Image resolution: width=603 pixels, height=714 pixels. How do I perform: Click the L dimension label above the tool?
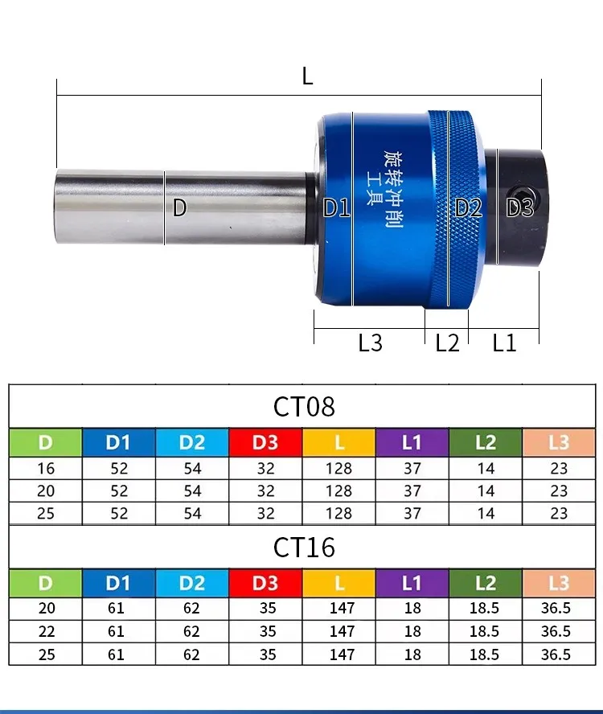307,76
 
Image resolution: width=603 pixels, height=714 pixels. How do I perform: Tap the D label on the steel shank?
179,207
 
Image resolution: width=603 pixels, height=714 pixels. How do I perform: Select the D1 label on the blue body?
336,207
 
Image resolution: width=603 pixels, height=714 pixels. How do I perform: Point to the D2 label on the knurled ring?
468,207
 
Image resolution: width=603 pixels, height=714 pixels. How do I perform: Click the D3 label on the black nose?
519,207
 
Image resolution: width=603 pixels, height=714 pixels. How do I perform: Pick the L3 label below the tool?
371,343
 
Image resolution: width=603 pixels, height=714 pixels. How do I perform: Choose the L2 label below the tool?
447,343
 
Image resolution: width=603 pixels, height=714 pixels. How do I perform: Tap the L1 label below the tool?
504,343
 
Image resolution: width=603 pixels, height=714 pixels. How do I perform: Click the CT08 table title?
304,407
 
